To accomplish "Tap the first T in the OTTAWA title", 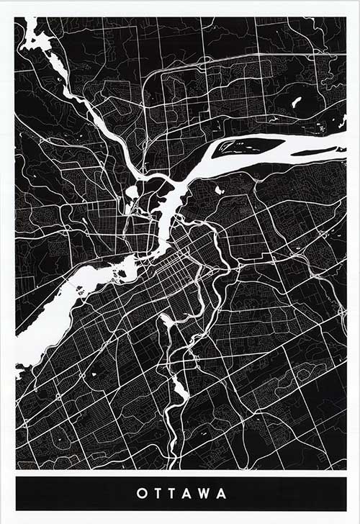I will [156, 494].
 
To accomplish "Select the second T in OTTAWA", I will [171, 494].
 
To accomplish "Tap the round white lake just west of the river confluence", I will [132, 192].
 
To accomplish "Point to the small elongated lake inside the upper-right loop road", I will [296, 101].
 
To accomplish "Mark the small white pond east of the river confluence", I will [219, 191].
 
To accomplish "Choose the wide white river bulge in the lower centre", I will [179, 389].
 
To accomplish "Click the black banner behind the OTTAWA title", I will [72, 494].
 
